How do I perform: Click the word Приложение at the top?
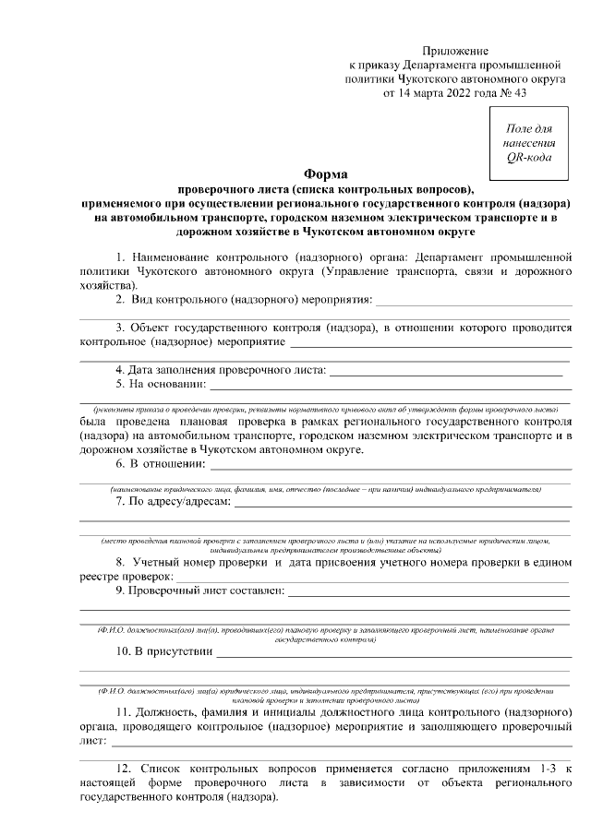pyautogui.click(x=455, y=51)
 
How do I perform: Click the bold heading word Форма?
pyautogui.click(x=325, y=175)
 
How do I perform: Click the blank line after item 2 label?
pyautogui.click(x=473, y=300)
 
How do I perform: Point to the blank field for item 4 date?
pyautogui.click(x=446, y=371)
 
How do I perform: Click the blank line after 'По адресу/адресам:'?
pyautogui.click(x=402, y=504)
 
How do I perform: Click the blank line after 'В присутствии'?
pyautogui.click(x=392, y=653)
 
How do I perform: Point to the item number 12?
pyautogui.click(x=125, y=768)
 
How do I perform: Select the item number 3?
pyautogui.click(x=120, y=327)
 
